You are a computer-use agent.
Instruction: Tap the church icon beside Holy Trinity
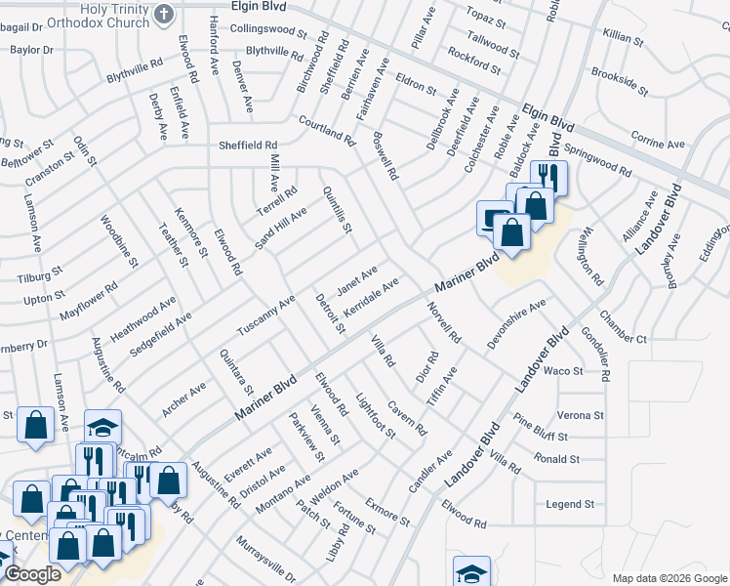(x=164, y=14)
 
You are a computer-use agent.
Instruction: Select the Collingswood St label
(x=267, y=30)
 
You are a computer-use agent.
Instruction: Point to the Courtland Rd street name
(x=325, y=131)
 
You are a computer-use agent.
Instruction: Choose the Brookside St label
(x=619, y=82)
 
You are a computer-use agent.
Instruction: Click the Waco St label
(x=562, y=371)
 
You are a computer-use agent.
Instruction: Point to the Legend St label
(x=570, y=504)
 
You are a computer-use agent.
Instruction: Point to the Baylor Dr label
(x=31, y=49)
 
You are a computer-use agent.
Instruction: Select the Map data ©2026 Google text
(x=669, y=578)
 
